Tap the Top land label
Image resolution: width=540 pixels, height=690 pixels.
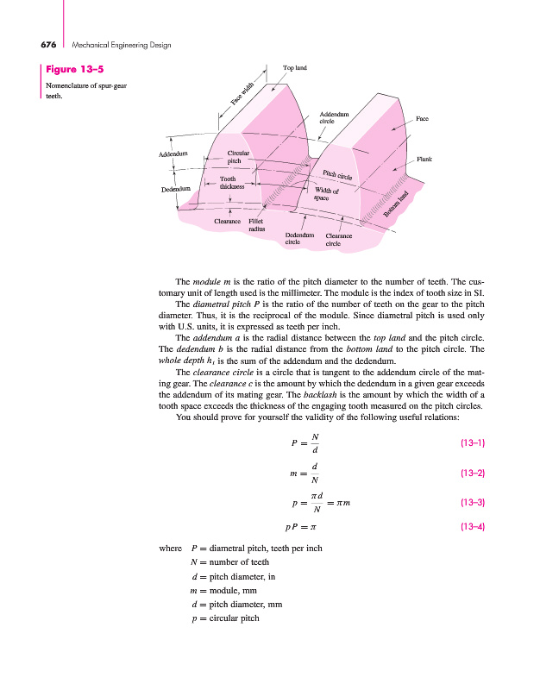point(295,66)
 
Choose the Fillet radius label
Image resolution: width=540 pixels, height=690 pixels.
point(256,225)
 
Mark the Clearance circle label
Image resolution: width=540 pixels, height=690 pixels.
point(338,240)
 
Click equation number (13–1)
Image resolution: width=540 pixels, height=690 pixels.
point(472,443)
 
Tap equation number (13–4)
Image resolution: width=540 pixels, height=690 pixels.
point(472,525)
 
